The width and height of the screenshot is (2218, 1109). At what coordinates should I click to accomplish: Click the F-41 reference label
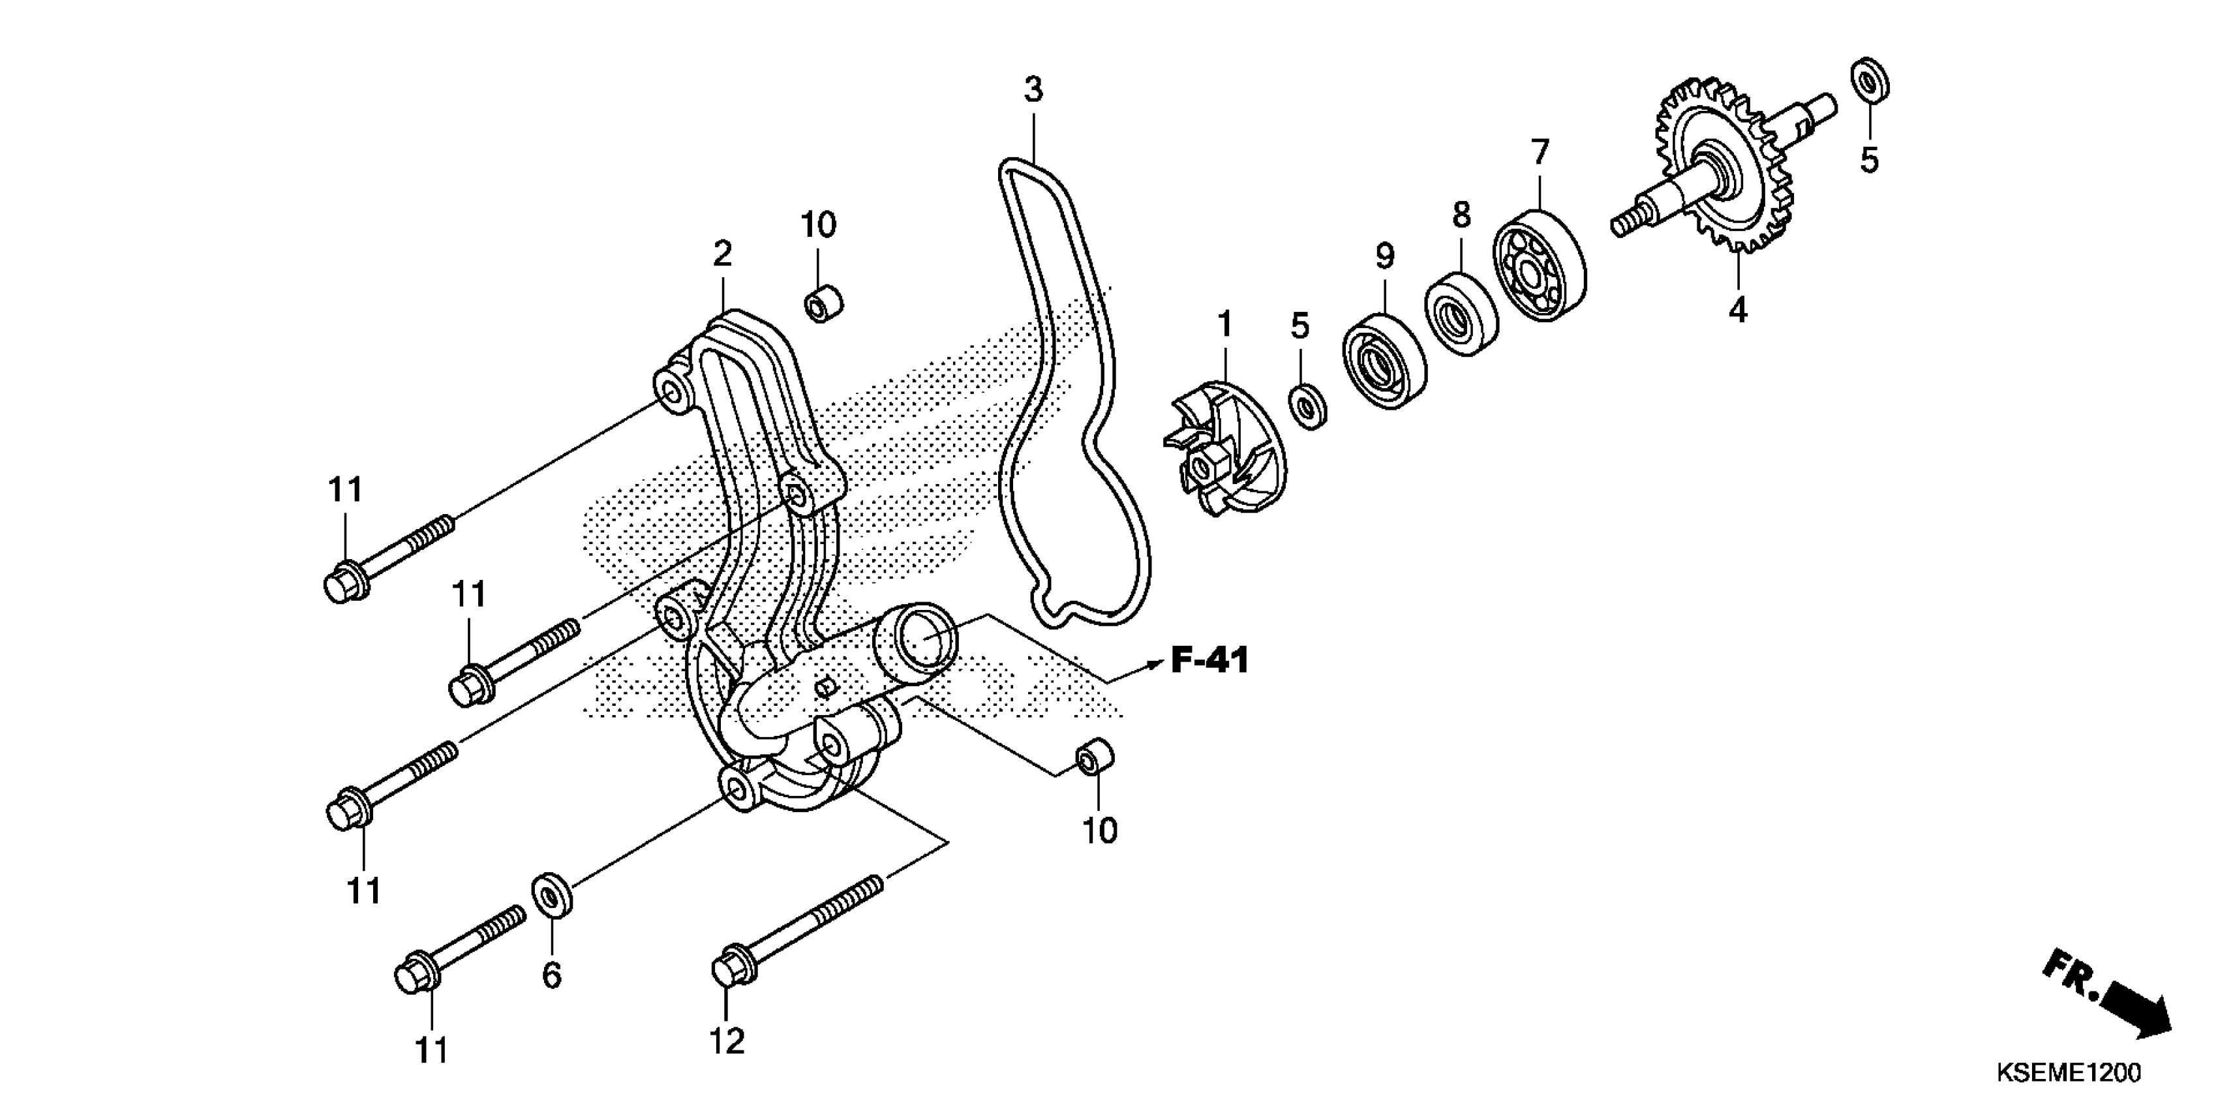[1209, 661]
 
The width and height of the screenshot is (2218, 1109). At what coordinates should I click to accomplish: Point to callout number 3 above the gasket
[1033, 89]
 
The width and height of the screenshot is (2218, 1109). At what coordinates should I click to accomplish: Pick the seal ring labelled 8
[1461, 314]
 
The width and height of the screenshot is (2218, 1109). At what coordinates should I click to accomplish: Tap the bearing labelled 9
[1383, 361]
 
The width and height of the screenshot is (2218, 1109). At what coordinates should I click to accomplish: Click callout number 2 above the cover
[722, 253]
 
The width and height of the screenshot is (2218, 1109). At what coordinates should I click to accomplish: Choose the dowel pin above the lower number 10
[1095, 755]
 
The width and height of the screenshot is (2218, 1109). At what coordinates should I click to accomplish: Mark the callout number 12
[727, 1042]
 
